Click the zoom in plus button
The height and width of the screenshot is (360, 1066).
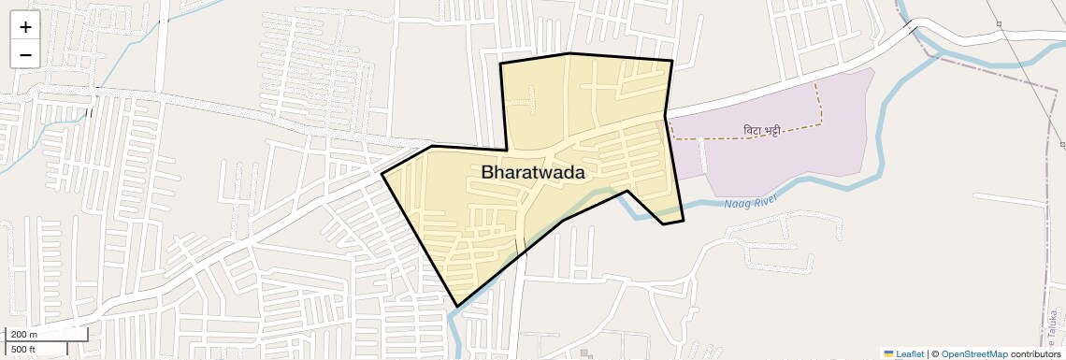25,27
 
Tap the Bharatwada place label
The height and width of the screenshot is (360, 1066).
533,173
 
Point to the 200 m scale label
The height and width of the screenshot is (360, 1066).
24,335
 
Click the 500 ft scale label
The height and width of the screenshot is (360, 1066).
23,349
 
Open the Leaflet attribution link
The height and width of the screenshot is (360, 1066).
910,353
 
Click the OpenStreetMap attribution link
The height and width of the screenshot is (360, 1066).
973,353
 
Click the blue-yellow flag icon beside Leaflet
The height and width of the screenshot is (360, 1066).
889,353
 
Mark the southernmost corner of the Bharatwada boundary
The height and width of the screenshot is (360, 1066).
456,306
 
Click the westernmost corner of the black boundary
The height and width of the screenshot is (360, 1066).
382,174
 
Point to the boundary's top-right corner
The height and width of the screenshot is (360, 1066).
672,61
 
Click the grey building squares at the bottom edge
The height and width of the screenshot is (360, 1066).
585,353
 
